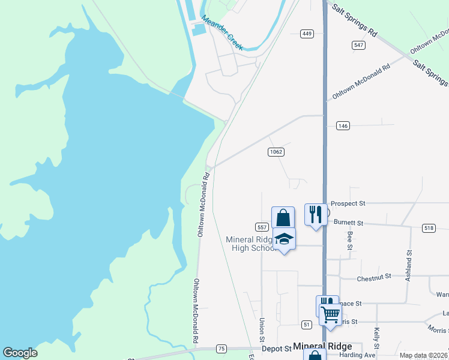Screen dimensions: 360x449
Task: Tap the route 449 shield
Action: (307, 34)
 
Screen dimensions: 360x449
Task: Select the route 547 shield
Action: (359, 45)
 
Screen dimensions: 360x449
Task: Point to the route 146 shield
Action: (343, 125)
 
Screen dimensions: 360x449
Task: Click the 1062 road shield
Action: (276, 152)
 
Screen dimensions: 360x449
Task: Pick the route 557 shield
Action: (262, 227)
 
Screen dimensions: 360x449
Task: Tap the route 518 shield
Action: (429, 228)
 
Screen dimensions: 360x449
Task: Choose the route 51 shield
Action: (307, 325)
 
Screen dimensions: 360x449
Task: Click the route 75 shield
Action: (221, 349)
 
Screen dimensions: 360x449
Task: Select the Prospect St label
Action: (348, 204)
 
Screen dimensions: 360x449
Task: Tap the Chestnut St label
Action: (374, 277)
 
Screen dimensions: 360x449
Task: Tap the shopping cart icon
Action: (331, 313)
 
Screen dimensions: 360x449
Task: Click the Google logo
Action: (20, 353)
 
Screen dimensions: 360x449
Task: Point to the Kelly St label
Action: (376, 338)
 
